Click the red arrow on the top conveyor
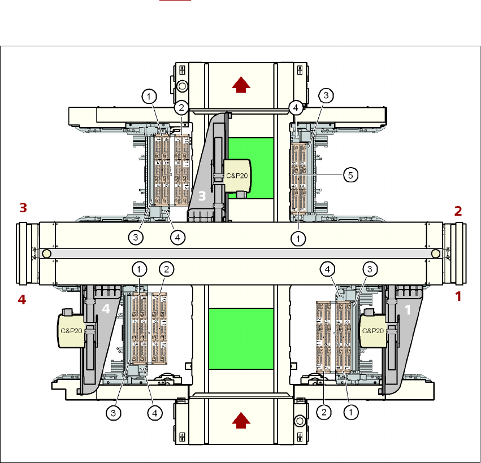tap(241, 85)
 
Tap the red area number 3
tap(23, 208)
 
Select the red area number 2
tap(458, 211)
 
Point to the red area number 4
tap(22, 300)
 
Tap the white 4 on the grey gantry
tap(106, 309)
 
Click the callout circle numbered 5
tap(350, 175)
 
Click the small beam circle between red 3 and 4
tap(46, 254)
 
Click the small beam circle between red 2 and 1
tap(435, 254)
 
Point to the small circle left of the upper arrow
tap(182, 86)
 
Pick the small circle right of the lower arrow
tap(299, 421)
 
